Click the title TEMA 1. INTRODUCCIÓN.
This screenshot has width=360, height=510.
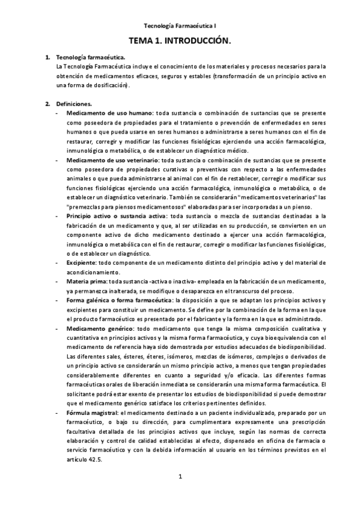click(x=180, y=40)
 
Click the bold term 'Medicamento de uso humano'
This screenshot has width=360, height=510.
click(x=109, y=113)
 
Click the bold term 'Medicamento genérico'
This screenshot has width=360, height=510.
click(x=100, y=329)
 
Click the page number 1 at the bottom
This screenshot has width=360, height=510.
click(x=180, y=478)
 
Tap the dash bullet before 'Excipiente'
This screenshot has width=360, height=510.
click(x=57, y=263)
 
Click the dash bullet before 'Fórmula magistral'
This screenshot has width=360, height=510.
click(x=57, y=414)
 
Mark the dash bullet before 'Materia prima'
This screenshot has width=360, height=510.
click(x=57, y=281)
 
